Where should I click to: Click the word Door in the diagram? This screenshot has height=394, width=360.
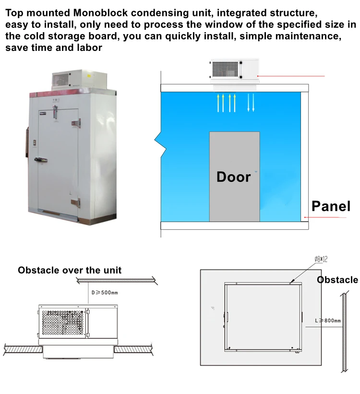pos(234,177)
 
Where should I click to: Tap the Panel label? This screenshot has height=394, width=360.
pos(331,206)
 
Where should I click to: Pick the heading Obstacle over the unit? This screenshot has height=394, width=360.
pos(70,270)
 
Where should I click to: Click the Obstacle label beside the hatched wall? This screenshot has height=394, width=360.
pos(337,280)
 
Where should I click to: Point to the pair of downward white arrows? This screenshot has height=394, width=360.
pos(251,103)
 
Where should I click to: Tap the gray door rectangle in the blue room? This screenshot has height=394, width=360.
pos(234,176)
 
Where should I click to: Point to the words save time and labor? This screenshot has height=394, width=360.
pos(54,47)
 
